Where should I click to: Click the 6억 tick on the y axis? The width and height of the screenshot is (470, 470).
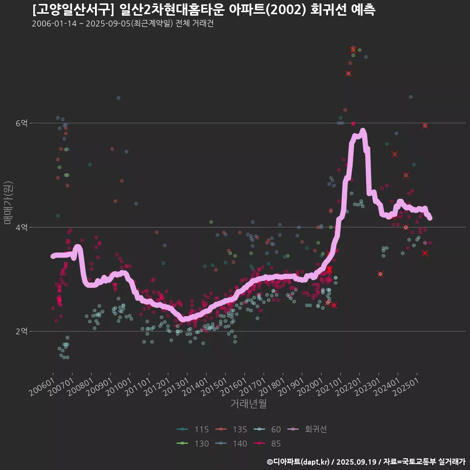21,123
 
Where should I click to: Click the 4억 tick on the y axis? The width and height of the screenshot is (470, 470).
21,228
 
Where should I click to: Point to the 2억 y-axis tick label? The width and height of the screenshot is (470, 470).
21,331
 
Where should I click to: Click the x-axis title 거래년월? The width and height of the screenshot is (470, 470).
248,404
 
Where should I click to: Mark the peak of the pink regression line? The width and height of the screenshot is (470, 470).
363,131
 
